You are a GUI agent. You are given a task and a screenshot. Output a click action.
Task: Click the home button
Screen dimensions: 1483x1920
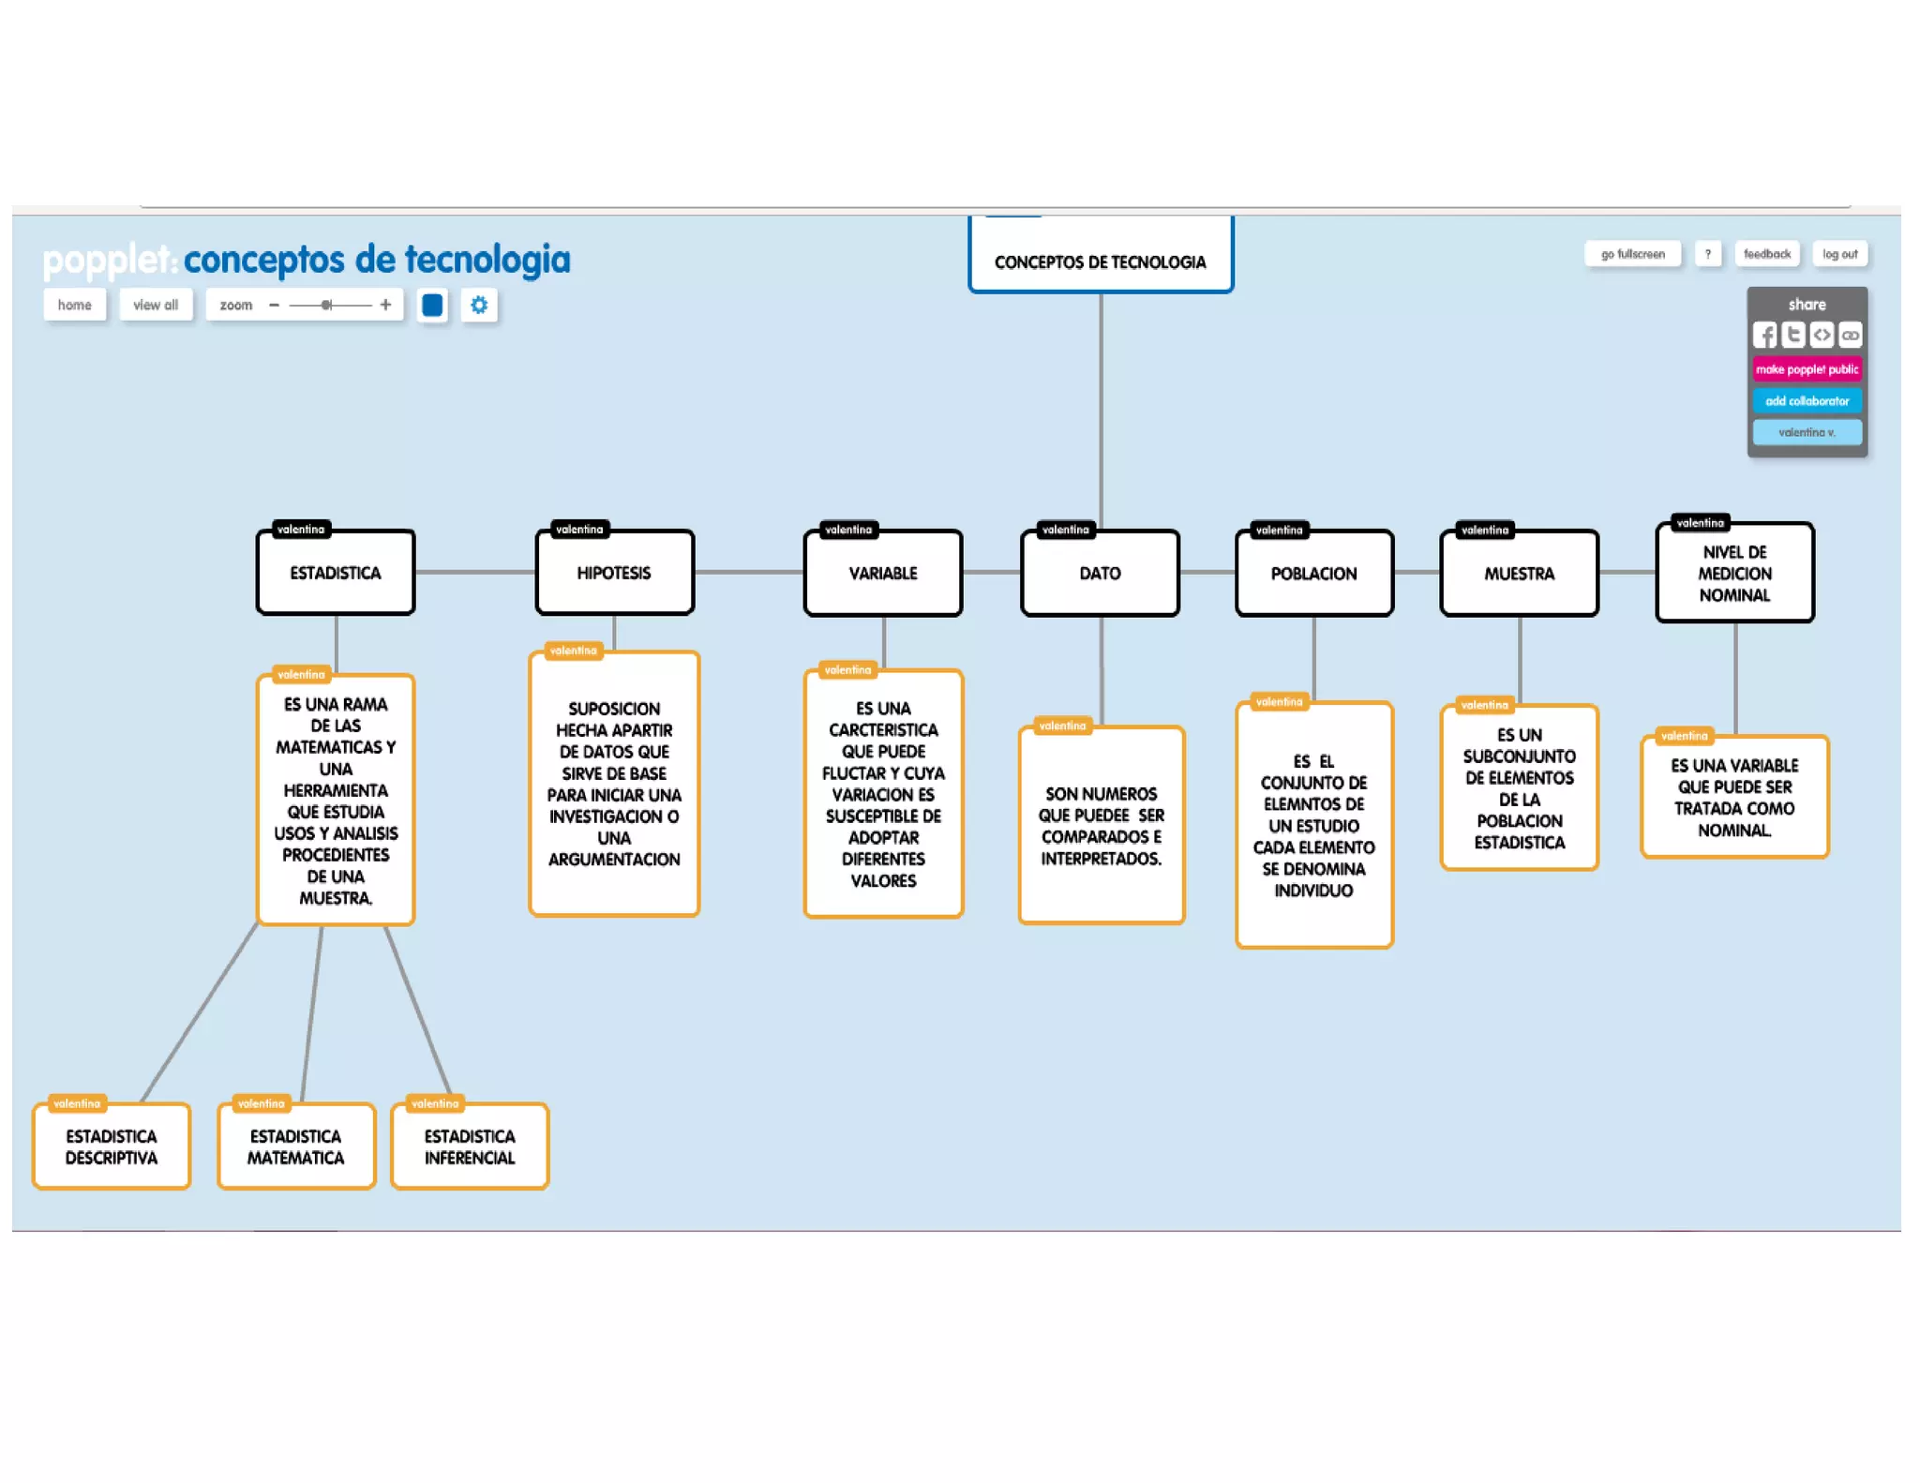tap(74, 305)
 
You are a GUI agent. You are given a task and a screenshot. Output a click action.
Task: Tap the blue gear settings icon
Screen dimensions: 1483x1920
tap(479, 305)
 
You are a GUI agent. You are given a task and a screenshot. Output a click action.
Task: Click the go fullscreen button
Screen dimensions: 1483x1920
tap(1632, 254)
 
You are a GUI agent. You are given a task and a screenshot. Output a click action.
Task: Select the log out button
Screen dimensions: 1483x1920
tap(1839, 254)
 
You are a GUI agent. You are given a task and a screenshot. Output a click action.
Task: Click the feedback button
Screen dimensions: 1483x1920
tap(1766, 254)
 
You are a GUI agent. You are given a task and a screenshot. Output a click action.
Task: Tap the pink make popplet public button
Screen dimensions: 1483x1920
tap(1807, 369)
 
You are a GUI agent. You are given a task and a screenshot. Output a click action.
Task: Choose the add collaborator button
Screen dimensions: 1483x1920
tap(1807, 401)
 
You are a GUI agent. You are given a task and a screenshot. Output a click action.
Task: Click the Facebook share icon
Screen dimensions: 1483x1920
tap(1764, 335)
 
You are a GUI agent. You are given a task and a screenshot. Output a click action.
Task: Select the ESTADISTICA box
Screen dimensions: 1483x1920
tap(336, 573)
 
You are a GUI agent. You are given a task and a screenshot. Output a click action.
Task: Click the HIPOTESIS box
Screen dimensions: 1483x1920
tap(614, 573)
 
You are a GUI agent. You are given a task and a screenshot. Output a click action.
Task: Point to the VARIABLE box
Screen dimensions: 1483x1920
tap(883, 573)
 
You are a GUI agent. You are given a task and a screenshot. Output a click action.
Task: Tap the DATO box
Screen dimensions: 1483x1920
tap(1100, 573)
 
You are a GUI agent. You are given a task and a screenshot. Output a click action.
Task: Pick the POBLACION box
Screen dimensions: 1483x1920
tap(1313, 573)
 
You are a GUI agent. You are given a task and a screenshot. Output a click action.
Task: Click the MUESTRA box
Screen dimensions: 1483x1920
tap(1519, 573)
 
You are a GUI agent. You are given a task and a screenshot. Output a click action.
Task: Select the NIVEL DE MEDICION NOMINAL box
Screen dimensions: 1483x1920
tap(1734, 573)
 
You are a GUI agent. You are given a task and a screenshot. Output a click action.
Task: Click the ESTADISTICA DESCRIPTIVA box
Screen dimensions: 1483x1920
tap(112, 1146)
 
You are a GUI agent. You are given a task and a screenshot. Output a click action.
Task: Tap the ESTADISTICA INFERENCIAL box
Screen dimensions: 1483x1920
tap(470, 1146)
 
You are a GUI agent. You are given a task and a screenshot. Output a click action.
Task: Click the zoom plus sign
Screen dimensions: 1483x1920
tap(385, 305)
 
